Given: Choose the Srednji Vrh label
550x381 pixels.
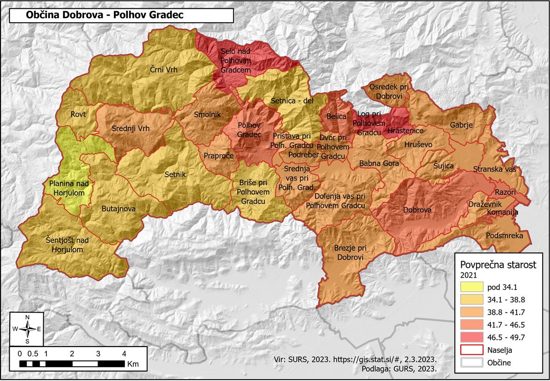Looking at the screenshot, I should tap(131, 129).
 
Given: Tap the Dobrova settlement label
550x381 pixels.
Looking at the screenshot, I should tap(417, 210).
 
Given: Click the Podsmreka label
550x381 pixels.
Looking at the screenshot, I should tap(504, 236).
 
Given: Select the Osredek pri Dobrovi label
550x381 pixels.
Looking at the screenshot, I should tap(386, 91).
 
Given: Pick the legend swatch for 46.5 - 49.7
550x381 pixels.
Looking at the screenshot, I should tap(470, 337).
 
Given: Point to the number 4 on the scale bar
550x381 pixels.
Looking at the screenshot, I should tap(124, 354).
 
